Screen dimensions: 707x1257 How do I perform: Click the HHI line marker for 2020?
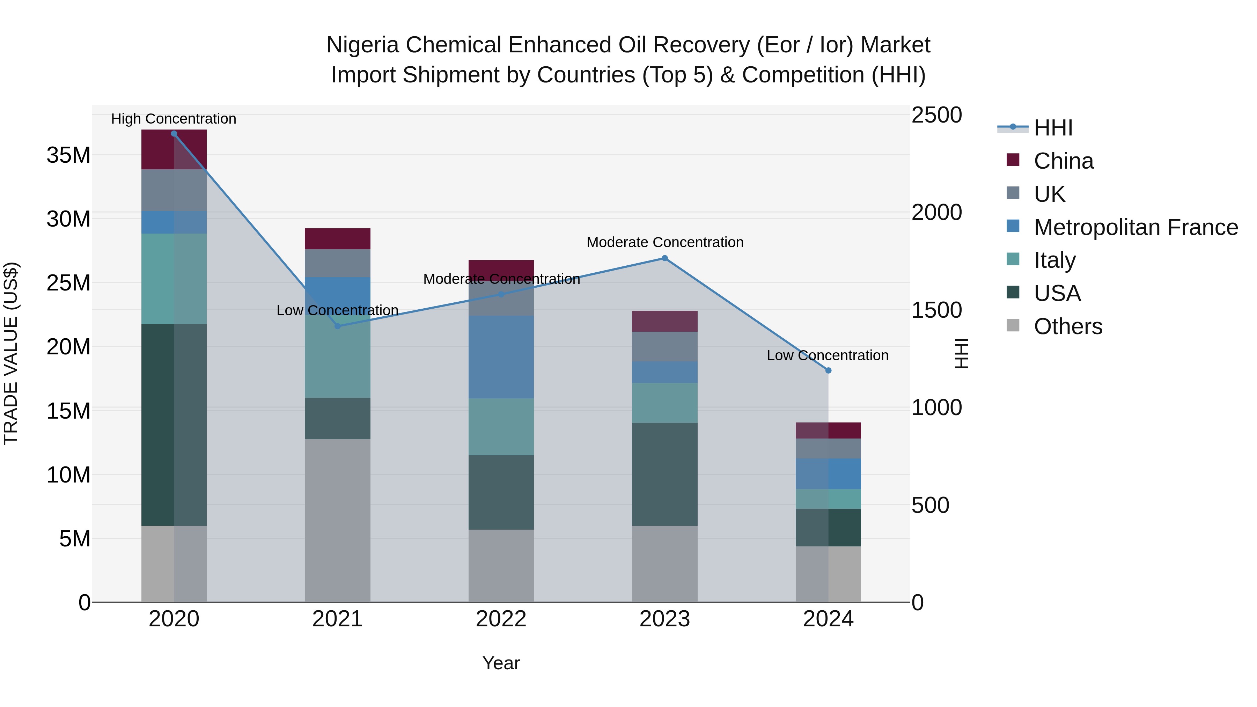pyautogui.click(x=174, y=134)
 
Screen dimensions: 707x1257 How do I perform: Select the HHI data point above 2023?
pyautogui.click(x=664, y=258)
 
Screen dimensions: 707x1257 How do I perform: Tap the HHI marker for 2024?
pyautogui.click(x=828, y=370)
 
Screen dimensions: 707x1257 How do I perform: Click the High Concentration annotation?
pyautogui.click(x=174, y=119)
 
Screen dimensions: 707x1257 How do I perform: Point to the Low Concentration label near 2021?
pyautogui.click(x=337, y=310)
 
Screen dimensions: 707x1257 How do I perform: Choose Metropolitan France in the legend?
pyautogui.click(x=1135, y=227)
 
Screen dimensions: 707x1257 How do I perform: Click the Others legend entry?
pyautogui.click(x=1068, y=326)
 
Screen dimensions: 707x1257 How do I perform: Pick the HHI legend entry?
pyautogui.click(x=1053, y=128)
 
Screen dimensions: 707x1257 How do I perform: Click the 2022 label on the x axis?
pyautogui.click(x=501, y=619)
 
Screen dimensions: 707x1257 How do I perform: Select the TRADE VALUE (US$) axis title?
pyautogui.click(x=11, y=353)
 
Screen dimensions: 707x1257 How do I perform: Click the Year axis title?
pyautogui.click(x=501, y=663)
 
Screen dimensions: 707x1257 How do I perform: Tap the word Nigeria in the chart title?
pyautogui.click(x=362, y=45)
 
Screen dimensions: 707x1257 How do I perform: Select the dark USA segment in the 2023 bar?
pyautogui.click(x=664, y=473)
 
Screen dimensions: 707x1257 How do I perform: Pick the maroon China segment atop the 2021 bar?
pyautogui.click(x=337, y=238)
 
